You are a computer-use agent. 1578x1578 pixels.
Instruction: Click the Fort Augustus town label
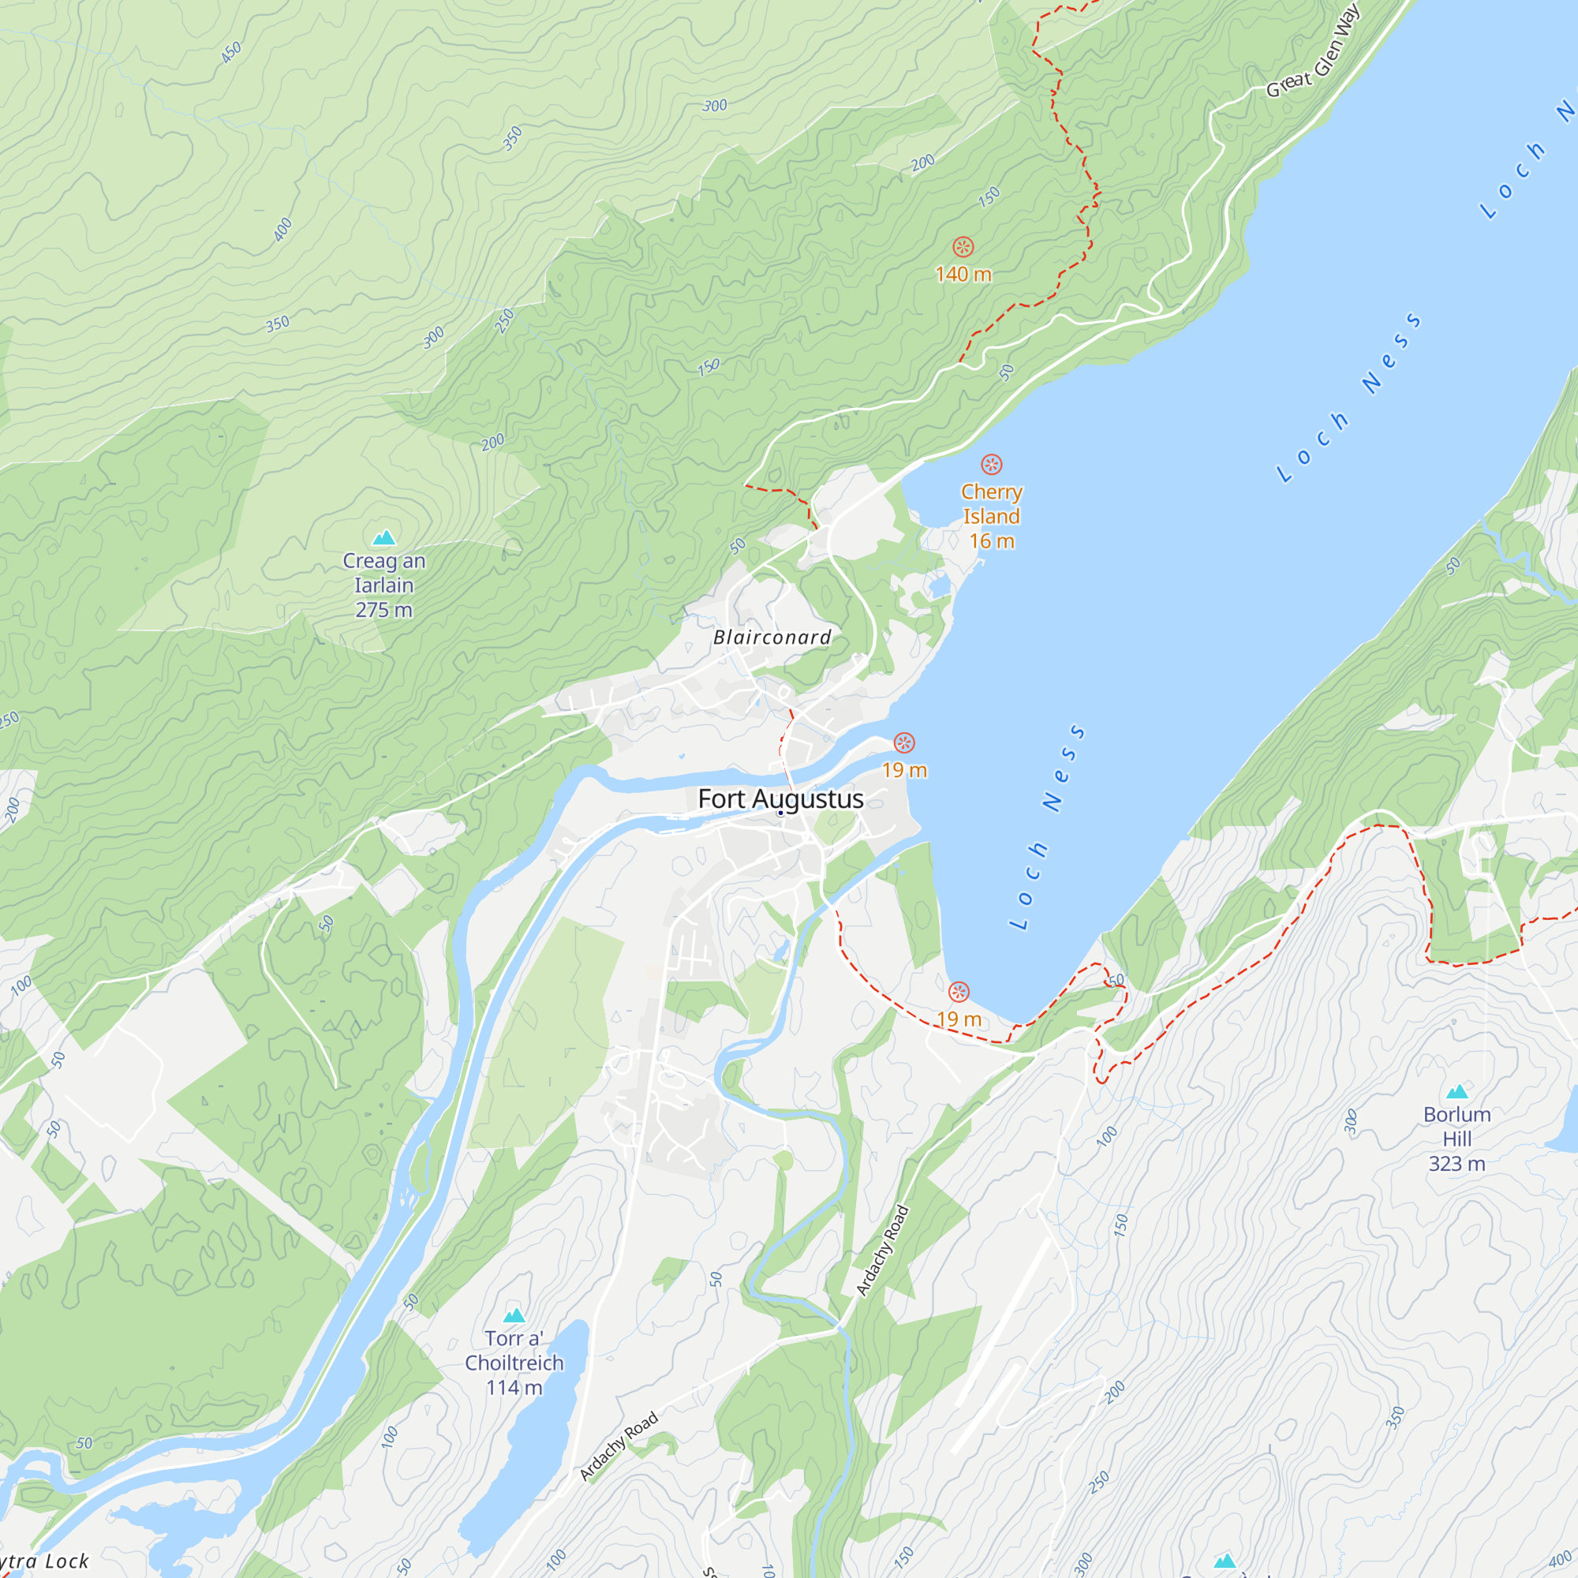pos(780,798)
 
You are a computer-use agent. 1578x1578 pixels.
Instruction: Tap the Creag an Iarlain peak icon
pos(384,537)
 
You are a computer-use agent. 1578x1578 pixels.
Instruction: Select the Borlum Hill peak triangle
pos(1457,1091)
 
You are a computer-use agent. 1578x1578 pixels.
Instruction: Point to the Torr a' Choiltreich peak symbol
pos(514,1315)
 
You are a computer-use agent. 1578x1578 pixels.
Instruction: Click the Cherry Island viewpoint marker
pos(991,465)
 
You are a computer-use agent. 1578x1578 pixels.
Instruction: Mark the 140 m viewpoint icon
pos(963,247)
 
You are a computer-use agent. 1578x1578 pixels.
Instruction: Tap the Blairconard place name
pos(772,637)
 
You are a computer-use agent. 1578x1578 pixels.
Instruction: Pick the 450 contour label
pos(231,52)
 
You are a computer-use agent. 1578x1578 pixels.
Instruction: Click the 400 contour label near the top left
pos(282,230)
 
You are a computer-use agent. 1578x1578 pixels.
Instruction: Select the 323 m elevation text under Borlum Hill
pos(1456,1163)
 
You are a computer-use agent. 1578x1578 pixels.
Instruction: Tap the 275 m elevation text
pos(383,610)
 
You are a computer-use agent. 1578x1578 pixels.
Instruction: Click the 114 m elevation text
pos(514,1388)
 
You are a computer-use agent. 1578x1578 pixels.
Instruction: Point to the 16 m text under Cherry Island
pos(991,540)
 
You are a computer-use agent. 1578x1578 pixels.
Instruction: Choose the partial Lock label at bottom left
pos(45,1561)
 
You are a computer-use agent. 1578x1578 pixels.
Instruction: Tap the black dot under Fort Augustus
pos(780,813)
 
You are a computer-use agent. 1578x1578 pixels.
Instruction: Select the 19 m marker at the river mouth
pos(903,742)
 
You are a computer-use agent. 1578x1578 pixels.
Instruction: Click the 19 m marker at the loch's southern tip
pos(958,992)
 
